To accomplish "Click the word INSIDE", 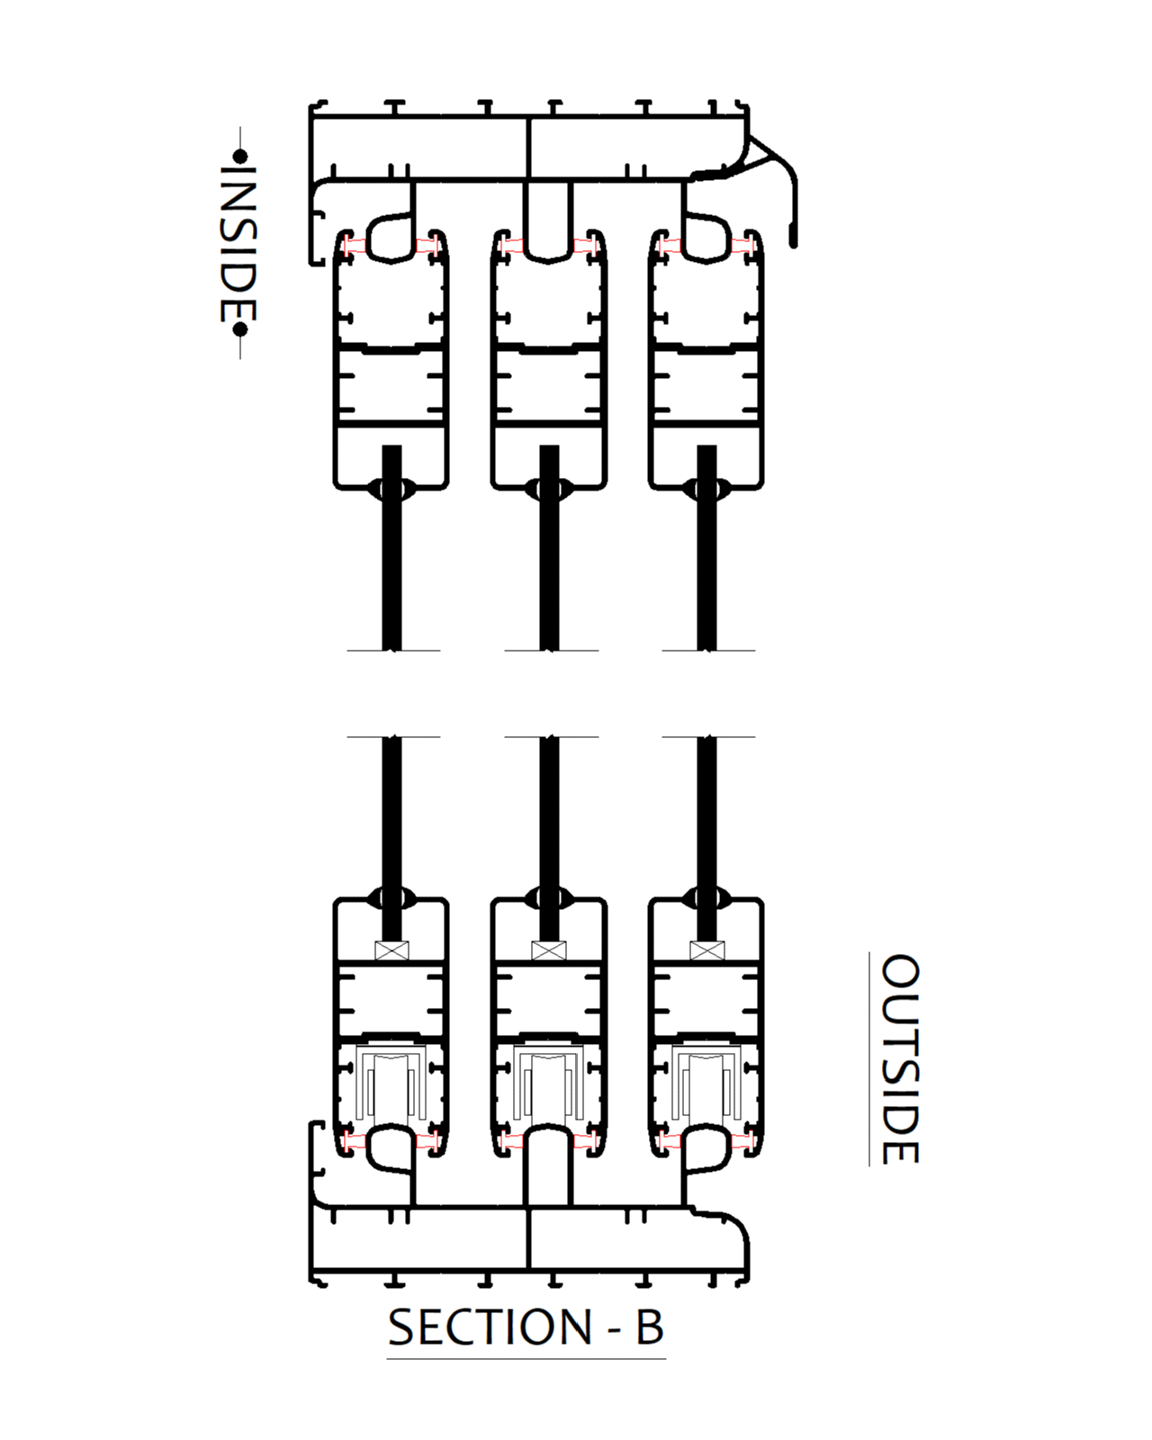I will tap(239, 243).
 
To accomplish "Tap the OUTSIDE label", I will tap(899, 1058).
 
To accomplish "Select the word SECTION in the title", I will tap(490, 1327).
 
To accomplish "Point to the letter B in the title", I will tap(649, 1327).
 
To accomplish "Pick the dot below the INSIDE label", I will tap(239, 329).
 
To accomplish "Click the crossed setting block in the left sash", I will tap(391, 950).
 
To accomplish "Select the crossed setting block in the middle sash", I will tap(549, 950).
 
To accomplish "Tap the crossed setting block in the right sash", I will tap(706, 950).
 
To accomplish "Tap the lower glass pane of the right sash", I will tap(706, 810).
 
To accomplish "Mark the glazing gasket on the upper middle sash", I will tap(549, 490).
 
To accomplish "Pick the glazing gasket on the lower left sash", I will tap(391, 896).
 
